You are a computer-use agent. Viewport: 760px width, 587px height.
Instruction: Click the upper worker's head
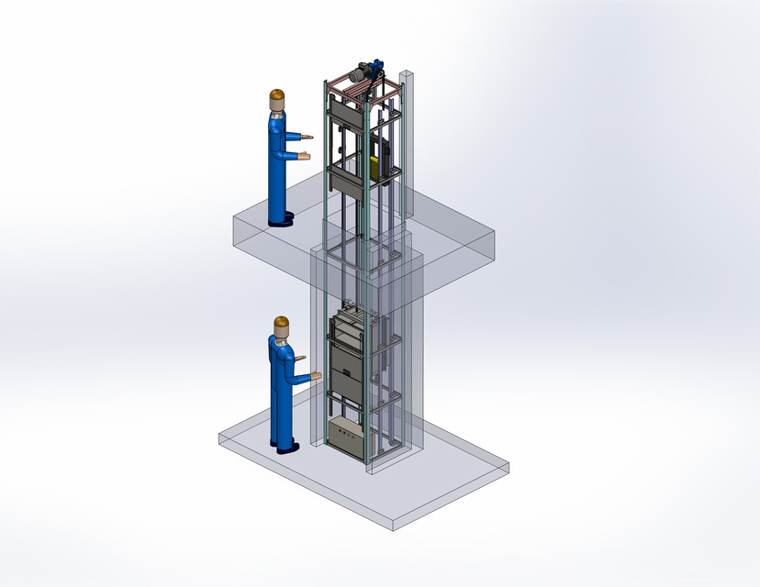point(276,100)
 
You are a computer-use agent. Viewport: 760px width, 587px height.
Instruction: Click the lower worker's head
point(282,327)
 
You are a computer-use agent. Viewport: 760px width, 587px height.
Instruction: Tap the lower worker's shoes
point(286,447)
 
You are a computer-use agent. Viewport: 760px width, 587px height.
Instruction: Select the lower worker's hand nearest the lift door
point(316,375)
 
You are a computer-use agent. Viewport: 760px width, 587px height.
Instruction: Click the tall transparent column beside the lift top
point(408,138)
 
